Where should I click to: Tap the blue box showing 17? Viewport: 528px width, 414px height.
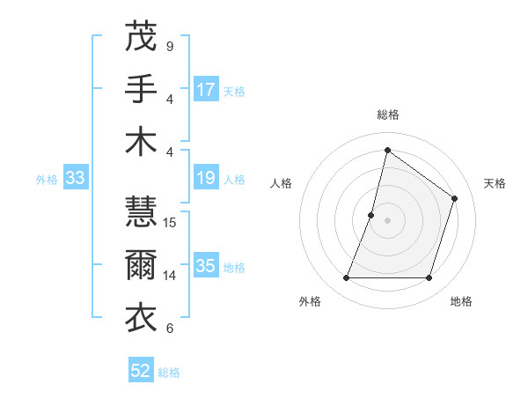tap(206, 90)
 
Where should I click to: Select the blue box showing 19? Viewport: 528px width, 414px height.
tap(206, 179)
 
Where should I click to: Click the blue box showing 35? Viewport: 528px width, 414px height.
tap(206, 267)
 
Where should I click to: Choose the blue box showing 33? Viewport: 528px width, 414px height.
tap(76, 179)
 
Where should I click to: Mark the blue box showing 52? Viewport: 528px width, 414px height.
tap(141, 371)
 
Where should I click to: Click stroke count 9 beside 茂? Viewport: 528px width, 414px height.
tap(170, 46)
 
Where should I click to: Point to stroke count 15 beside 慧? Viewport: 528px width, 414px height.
tap(171, 222)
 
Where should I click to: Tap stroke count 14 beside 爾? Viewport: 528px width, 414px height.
tap(171, 275)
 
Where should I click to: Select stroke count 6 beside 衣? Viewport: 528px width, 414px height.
tap(170, 329)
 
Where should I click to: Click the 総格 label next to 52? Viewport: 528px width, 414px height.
tap(169, 373)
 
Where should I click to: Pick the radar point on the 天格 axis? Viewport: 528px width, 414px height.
tap(455, 198)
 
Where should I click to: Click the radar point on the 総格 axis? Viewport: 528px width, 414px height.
tap(387, 150)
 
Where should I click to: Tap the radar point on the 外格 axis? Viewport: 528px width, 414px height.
tap(346, 278)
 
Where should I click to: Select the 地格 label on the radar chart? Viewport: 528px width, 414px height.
tap(461, 302)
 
